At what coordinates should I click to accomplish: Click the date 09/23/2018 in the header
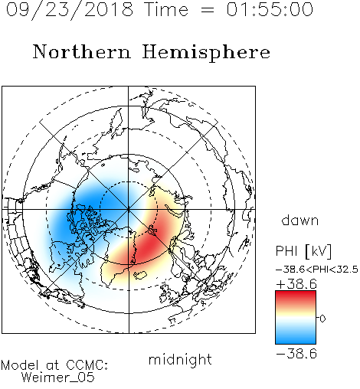[70, 10]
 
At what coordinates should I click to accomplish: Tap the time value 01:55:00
[270, 9]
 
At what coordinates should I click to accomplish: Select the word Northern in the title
[82, 52]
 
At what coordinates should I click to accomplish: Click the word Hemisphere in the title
[206, 53]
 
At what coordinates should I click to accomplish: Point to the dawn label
[300, 220]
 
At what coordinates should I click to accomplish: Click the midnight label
[180, 360]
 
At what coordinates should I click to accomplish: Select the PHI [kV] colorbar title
[303, 251]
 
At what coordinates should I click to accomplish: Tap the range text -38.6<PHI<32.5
[317, 270]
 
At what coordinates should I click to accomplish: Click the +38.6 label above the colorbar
[296, 284]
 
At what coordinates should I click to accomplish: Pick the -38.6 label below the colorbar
[296, 354]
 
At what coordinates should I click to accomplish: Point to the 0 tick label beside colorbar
[322, 319]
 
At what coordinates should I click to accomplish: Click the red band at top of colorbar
[296, 296]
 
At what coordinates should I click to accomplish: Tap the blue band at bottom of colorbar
[296, 339]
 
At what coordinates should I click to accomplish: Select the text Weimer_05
[58, 378]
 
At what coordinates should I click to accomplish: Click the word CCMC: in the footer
[87, 365]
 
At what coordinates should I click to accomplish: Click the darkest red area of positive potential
[151, 244]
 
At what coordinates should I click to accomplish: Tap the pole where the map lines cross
[129, 209]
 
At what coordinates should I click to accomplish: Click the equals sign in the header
[208, 10]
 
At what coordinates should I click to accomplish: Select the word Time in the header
[166, 9]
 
